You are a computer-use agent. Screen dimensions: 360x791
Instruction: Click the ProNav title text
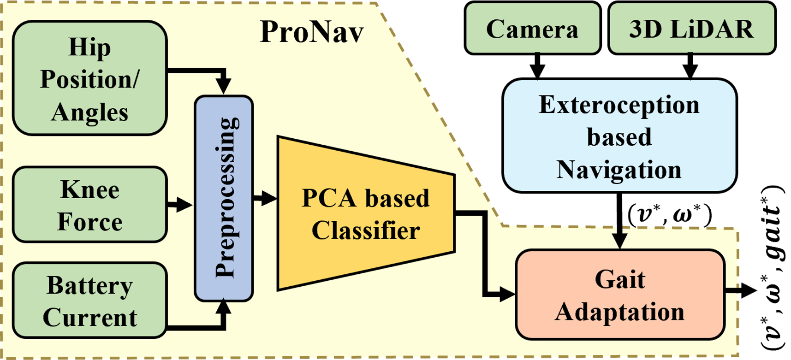(x=312, y=32)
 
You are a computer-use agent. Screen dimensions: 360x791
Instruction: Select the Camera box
(x=532, y=29)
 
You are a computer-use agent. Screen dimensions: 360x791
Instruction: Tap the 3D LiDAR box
(x=691, y=29)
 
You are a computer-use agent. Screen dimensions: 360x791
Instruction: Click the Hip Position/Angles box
(x=89, y=78)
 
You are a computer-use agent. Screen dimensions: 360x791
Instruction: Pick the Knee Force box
(x=89, y=205)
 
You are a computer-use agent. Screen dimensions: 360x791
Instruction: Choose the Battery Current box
(x=89, y=301)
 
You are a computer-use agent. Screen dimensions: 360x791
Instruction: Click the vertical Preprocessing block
(x=224, y=198)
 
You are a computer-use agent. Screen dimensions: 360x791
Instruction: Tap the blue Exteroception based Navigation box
(x=619, y=136)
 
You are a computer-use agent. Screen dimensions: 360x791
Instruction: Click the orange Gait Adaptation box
(x=619, y=295)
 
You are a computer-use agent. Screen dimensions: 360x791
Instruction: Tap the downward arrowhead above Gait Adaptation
(x=619, y=241)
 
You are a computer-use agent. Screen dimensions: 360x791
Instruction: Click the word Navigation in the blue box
(x=619, y=170)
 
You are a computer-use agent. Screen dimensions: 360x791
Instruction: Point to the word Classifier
(x=366, y=230)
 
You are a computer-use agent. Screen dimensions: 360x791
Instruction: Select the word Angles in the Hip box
(x=89, y=112)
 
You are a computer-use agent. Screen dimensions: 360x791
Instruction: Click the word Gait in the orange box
(x=619, y=279)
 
